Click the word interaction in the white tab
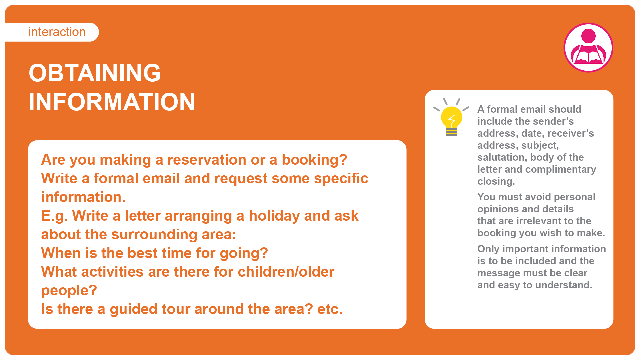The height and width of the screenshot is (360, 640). (57, 32)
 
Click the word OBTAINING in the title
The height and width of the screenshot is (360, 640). (95, 73)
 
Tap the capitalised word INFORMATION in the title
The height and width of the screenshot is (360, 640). (112, 102)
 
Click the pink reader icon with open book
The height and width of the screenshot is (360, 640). (588, 48)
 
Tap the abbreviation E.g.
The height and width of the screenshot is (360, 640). (54, 216)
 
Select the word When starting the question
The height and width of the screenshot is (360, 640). (61, 253)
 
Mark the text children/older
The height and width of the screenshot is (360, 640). (286, 272)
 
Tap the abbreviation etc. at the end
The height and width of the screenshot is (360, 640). (330, 309)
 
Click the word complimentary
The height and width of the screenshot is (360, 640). (561, 170)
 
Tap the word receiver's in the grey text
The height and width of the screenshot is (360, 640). (571, 133)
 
